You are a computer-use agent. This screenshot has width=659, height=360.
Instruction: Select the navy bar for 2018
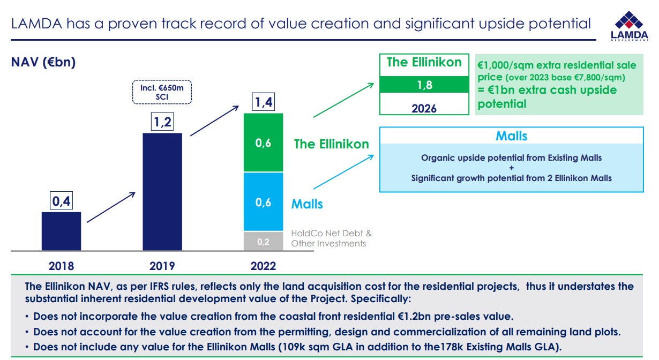coord(61,231)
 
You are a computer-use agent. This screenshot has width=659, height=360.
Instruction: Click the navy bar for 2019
coord(162,191)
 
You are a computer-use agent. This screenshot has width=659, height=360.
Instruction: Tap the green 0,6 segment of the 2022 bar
coord(263,143)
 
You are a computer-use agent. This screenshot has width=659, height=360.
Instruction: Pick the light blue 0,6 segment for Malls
coord(263,202)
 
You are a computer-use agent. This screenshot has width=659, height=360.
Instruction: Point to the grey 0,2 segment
coord(263,241)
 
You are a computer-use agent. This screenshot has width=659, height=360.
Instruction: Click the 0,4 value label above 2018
coord(61,201)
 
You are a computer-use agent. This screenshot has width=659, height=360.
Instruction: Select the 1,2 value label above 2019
coord(162,122)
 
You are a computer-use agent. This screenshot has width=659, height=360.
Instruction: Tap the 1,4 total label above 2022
coord(263,102)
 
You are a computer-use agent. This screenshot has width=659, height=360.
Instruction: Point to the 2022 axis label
coord(263,266)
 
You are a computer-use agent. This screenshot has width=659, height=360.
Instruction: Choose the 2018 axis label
coord(61,266)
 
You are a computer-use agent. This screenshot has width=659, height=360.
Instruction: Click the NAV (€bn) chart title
coord(43,63)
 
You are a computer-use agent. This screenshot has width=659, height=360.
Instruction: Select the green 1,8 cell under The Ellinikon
coord(424,85)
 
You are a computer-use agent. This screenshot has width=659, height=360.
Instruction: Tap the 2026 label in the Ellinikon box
coord(424,108)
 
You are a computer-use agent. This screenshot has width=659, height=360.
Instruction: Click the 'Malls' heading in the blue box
coord(511,136)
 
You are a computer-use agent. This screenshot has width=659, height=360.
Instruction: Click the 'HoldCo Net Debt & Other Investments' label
coord(331,238)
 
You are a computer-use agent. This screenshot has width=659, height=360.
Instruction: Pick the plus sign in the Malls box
coord(511,168)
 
